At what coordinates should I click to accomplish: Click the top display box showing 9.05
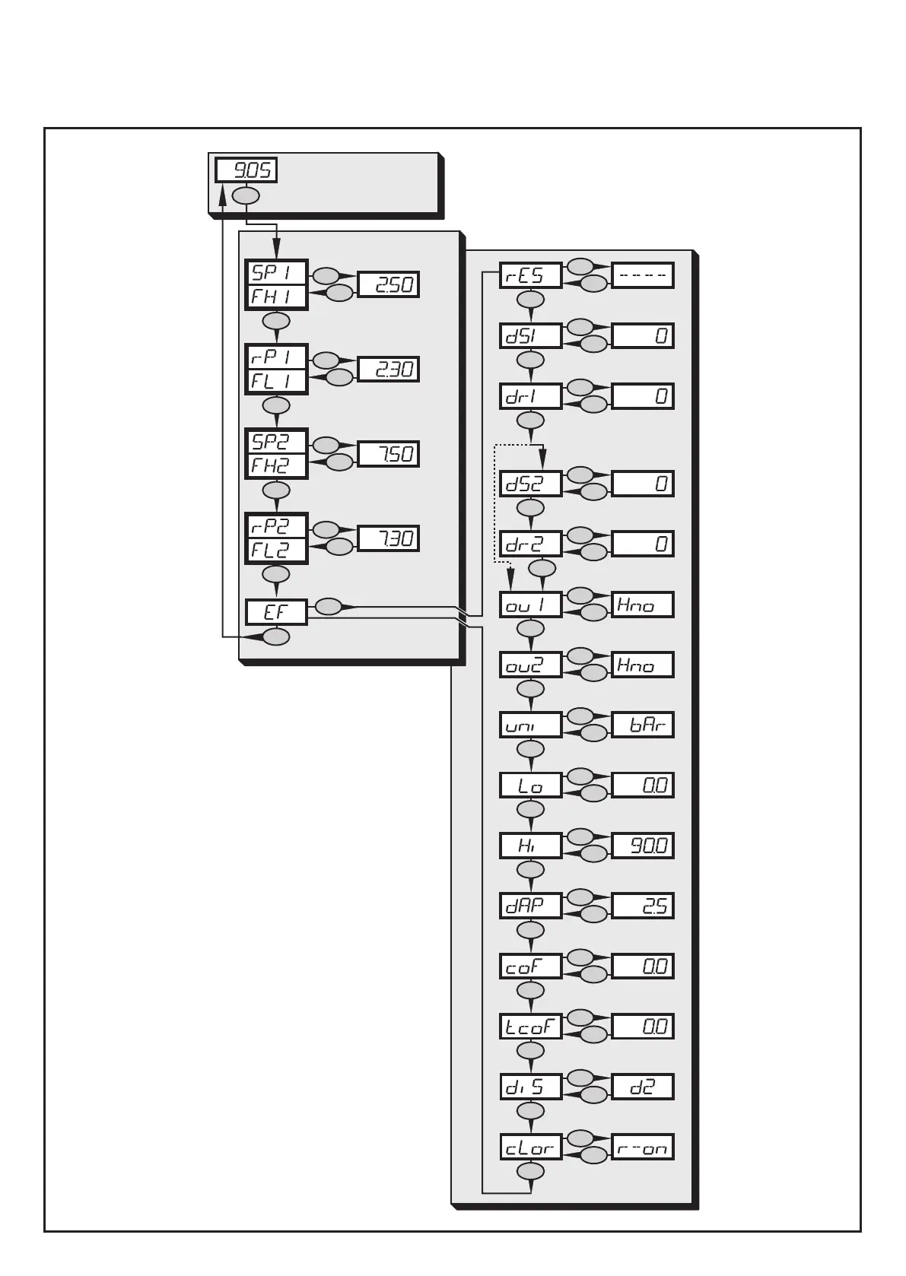pos(246,170)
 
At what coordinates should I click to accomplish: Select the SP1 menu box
pos(276,272)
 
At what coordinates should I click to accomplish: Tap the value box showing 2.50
pos(388,284)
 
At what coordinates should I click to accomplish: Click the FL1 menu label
pos(276,381)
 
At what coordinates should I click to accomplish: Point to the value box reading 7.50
pos(388,454)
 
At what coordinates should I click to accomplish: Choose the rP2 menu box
pos(276,526)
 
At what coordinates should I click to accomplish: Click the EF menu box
pos(276,612)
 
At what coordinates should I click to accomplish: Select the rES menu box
pos(530,275)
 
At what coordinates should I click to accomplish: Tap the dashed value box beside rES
pos(642,275)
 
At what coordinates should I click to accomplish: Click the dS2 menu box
pos(530,484)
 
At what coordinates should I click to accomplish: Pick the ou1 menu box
pos(530,605)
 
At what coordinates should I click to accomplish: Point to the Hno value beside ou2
pos(642,665)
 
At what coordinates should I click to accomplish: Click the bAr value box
pos(642,725)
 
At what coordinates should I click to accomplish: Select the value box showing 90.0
pos(642,846)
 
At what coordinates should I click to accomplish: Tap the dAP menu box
pos(530,906)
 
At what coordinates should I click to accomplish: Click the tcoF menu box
pos(530,1027)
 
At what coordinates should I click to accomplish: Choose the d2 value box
pos(642,1087)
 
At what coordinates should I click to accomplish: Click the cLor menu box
pos(530,1147)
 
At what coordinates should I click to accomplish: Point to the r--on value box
pos(642,1147)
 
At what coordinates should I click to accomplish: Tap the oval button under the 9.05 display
pos(246,195)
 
